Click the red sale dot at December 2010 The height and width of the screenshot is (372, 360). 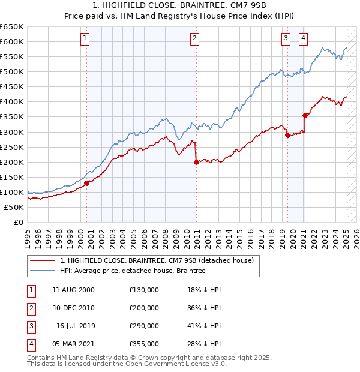tap(197, 161)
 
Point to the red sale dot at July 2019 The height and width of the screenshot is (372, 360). tap(287, 135)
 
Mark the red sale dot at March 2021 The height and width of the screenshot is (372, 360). tap(305, 115)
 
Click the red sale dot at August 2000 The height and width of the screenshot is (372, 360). tap(86, 183)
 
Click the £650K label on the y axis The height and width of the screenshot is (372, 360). tap(12, 27)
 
